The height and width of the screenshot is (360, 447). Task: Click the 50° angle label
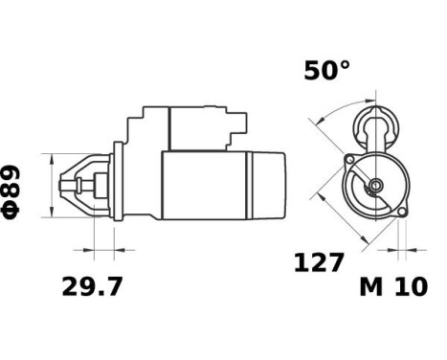click(326, 71)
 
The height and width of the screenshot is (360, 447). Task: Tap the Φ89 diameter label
click(11, 192)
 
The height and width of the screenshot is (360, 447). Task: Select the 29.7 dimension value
click(92, 287)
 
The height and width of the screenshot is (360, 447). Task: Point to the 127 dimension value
click(319, 262)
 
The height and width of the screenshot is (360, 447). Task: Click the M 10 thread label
click(393, 286)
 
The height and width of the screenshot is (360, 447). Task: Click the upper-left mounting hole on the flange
click(350, 159)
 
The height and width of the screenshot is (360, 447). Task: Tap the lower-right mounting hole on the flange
click(402, 212)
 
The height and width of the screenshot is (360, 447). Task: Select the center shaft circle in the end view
click(376, 185)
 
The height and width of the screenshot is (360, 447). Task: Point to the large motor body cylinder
click(204, 186)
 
